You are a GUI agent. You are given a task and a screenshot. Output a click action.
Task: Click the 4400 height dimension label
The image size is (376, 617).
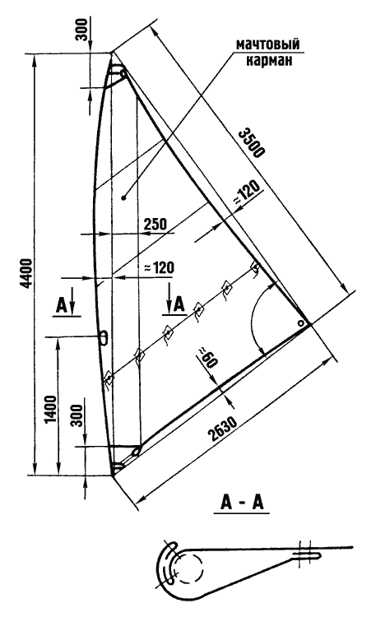pos(27,273)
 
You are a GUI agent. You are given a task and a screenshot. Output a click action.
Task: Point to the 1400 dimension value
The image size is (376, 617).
pos(51,410)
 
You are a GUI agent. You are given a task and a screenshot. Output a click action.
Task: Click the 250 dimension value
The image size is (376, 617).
pos(156,224)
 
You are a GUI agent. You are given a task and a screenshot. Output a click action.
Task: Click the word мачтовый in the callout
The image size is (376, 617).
pos(267,44)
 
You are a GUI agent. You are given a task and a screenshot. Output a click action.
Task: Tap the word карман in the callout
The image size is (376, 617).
pos(269,61)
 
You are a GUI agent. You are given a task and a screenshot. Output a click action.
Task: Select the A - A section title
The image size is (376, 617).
pos(242,503)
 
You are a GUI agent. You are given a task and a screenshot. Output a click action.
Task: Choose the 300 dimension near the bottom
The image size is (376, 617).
pos(78,415)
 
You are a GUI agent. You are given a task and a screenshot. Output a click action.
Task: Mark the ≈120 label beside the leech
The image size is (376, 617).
pos(248,193)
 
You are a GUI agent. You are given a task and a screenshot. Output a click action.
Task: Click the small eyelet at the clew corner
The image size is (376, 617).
pos(301,323)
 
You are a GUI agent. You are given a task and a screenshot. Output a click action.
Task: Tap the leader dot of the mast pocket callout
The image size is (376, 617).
pos(123,198)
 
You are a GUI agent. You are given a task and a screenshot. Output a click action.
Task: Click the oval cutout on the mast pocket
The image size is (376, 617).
pos(103,336)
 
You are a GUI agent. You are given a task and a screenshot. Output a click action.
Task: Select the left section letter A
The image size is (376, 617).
pos(62,306)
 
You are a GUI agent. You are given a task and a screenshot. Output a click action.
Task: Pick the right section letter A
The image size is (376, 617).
pos(179,305)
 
